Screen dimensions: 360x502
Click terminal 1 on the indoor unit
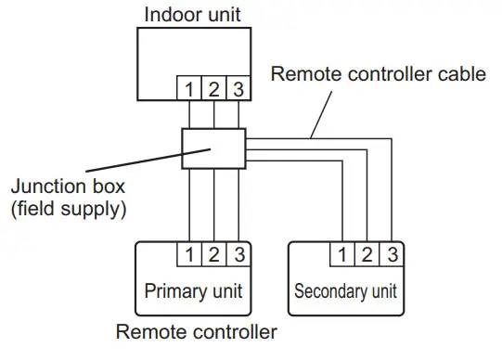(x=190, y=90)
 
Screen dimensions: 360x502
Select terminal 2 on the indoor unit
(x=213, y=90)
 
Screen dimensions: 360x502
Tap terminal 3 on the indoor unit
(x=237, y=90)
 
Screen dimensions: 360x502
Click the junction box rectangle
(x=212, y=148)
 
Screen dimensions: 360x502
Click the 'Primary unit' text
(x=193, y=291)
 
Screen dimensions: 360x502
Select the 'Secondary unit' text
(x=345, y=291)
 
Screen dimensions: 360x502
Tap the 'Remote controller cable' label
(x=378, y=74)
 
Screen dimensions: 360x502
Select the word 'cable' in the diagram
(x=460, y=74)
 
